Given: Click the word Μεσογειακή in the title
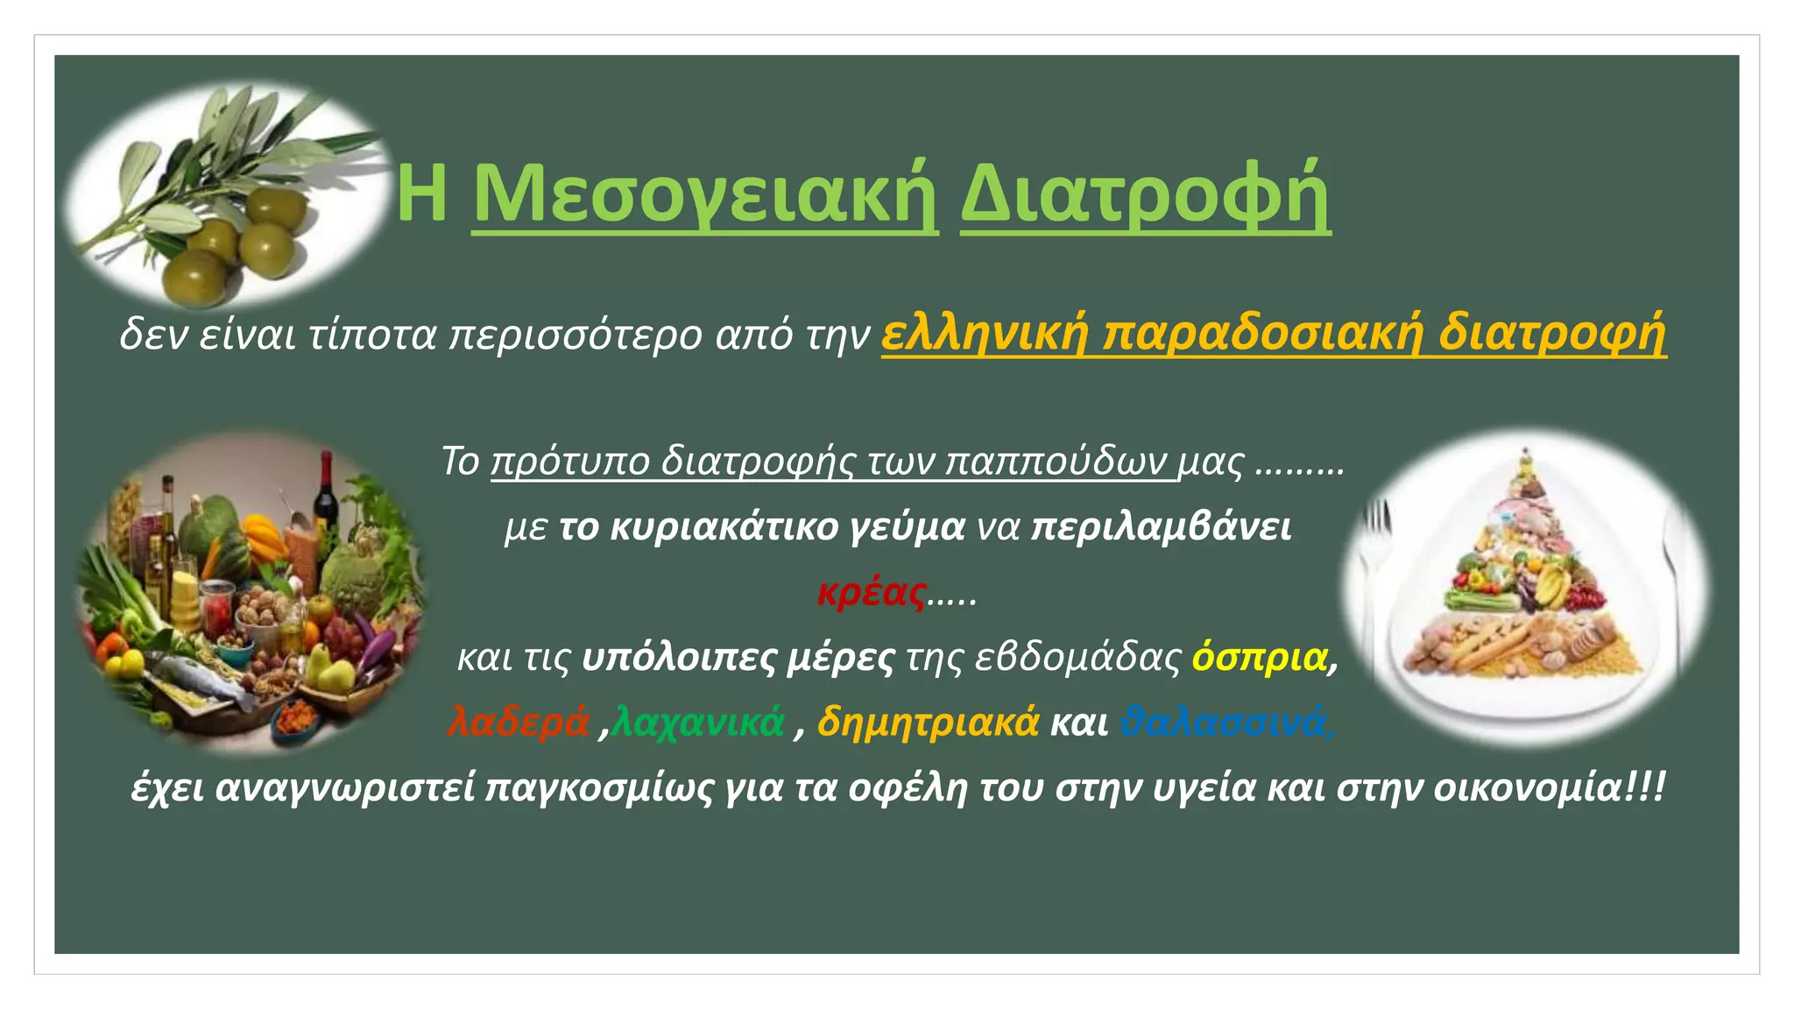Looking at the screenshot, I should (705, 194).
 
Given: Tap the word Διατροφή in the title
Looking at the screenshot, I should (1145, 194).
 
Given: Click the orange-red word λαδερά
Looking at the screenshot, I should (519, 722).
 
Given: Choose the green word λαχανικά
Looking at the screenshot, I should (699, 722).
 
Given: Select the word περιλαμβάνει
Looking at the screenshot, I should (1161, 527).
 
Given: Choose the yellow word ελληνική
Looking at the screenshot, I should (983, 334).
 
